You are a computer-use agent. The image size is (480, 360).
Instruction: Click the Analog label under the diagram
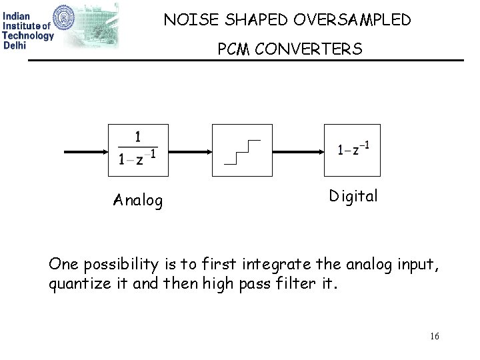click(x=138, y=201)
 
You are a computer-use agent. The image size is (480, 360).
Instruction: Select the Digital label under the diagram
click(x=353, y=197)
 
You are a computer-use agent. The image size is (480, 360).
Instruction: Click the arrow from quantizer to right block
click(x=297, y=151)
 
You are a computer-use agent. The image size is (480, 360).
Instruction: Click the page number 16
click(x=435, y=337)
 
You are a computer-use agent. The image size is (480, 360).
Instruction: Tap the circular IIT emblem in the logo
click(x=79, y=21)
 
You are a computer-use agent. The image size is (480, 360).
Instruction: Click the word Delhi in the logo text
click(x=15, y=45)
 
